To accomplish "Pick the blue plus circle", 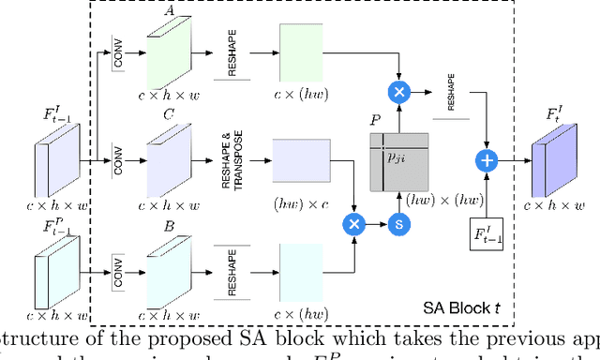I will click(487, 160).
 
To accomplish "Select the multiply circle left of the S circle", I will click(354, 223).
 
